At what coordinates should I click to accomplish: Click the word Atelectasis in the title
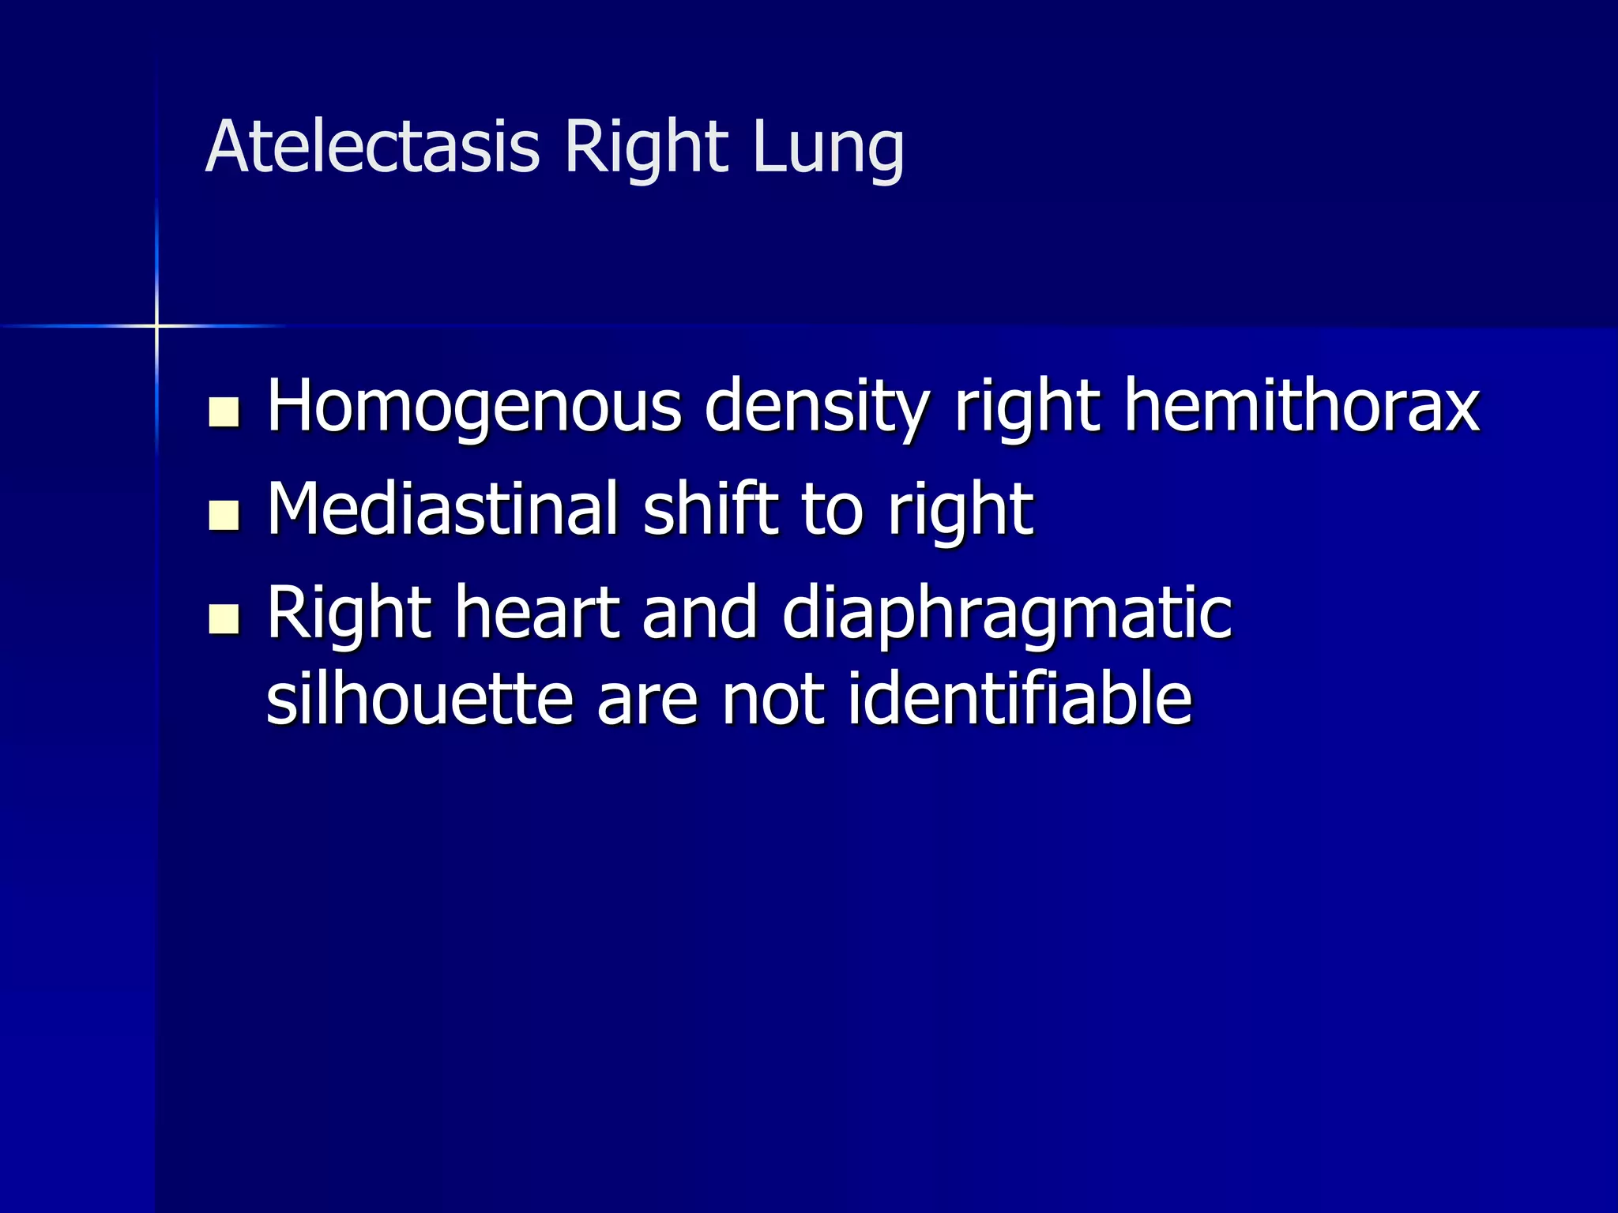click(372, 148)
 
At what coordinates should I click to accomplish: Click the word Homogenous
click(474, 407)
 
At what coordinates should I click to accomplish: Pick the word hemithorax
click(1302, 406)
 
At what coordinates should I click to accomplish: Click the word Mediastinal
click(442, 509)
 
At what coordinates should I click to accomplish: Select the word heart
click(536, 613)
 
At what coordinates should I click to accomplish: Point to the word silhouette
click(419, 699)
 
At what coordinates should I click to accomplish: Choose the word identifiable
click(1019, 699)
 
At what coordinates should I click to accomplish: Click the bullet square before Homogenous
click(224, 412)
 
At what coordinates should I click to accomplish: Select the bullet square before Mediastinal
click(224, 515)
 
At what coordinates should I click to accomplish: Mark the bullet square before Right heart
click(224, 619)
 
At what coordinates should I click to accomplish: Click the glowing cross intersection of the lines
click(156, 325)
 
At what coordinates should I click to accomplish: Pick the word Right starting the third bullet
click(348, 614)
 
